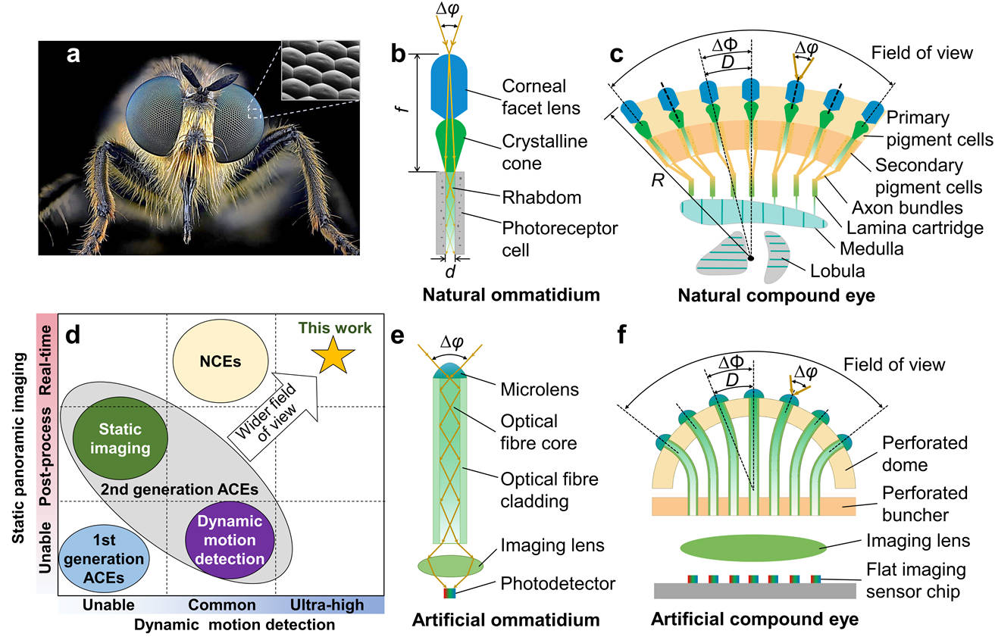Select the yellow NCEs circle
pyautogui.click(x=220, y=361)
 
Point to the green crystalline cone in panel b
pyautogui.click(x=450, y=146)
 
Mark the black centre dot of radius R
pyautogui.click(x=751, y=258)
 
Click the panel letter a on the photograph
pyautogui.click(x=74, y=56)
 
